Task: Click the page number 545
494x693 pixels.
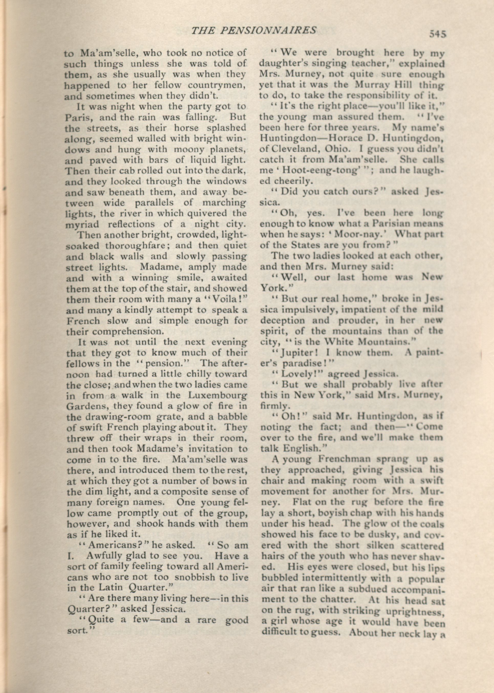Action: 437,34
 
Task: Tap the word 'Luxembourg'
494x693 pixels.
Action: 218,395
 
